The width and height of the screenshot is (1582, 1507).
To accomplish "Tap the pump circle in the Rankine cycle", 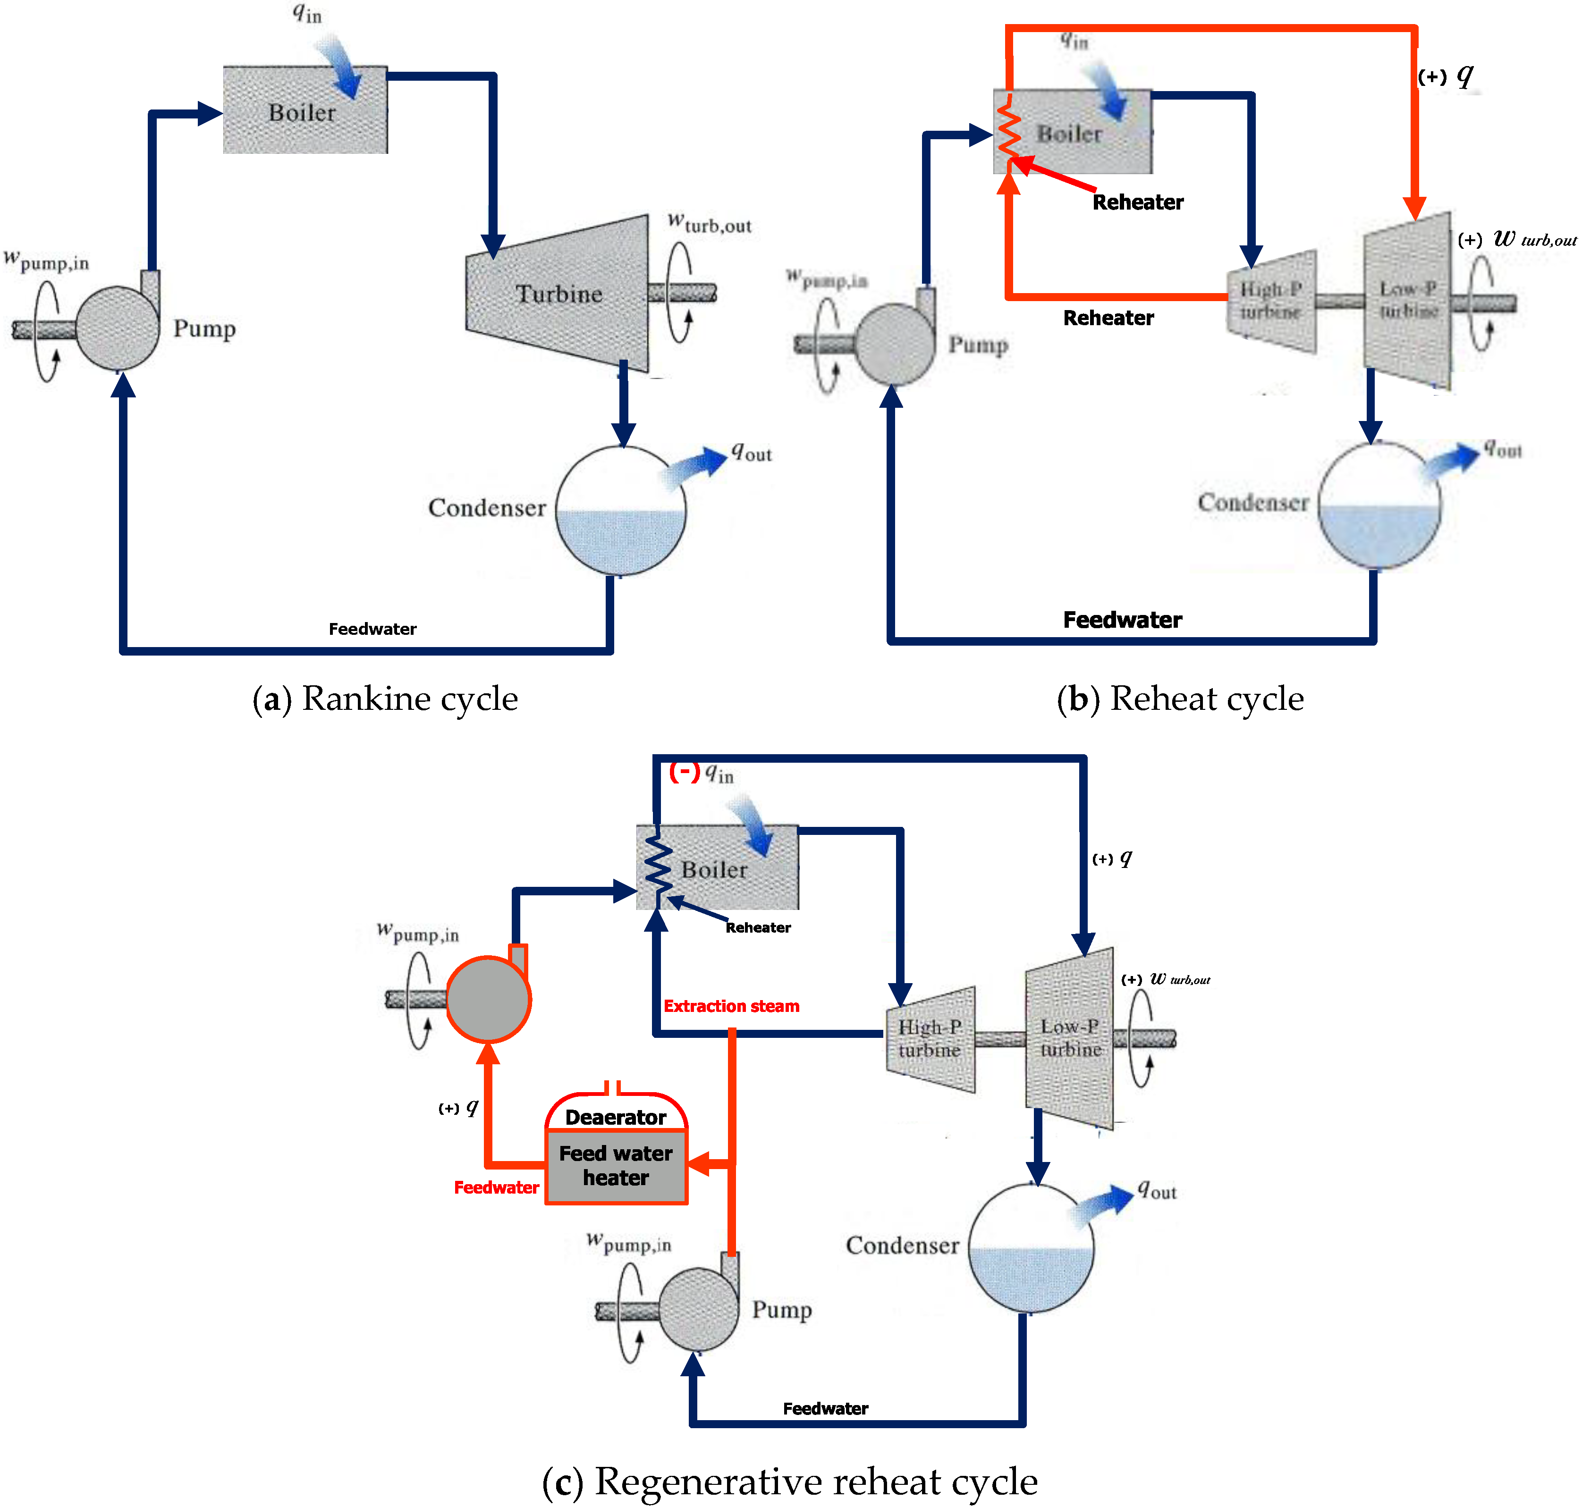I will coord(117,328).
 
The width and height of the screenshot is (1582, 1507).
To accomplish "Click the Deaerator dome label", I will coord(616,1117).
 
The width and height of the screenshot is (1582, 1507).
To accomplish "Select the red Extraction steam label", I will coord(731,1006).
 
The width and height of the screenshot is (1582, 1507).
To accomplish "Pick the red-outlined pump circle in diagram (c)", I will coord(488,999).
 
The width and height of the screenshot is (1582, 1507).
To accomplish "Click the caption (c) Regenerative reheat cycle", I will coord(790,1481).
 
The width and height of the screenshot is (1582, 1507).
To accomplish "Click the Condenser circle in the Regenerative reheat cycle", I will coord(1031,1247).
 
